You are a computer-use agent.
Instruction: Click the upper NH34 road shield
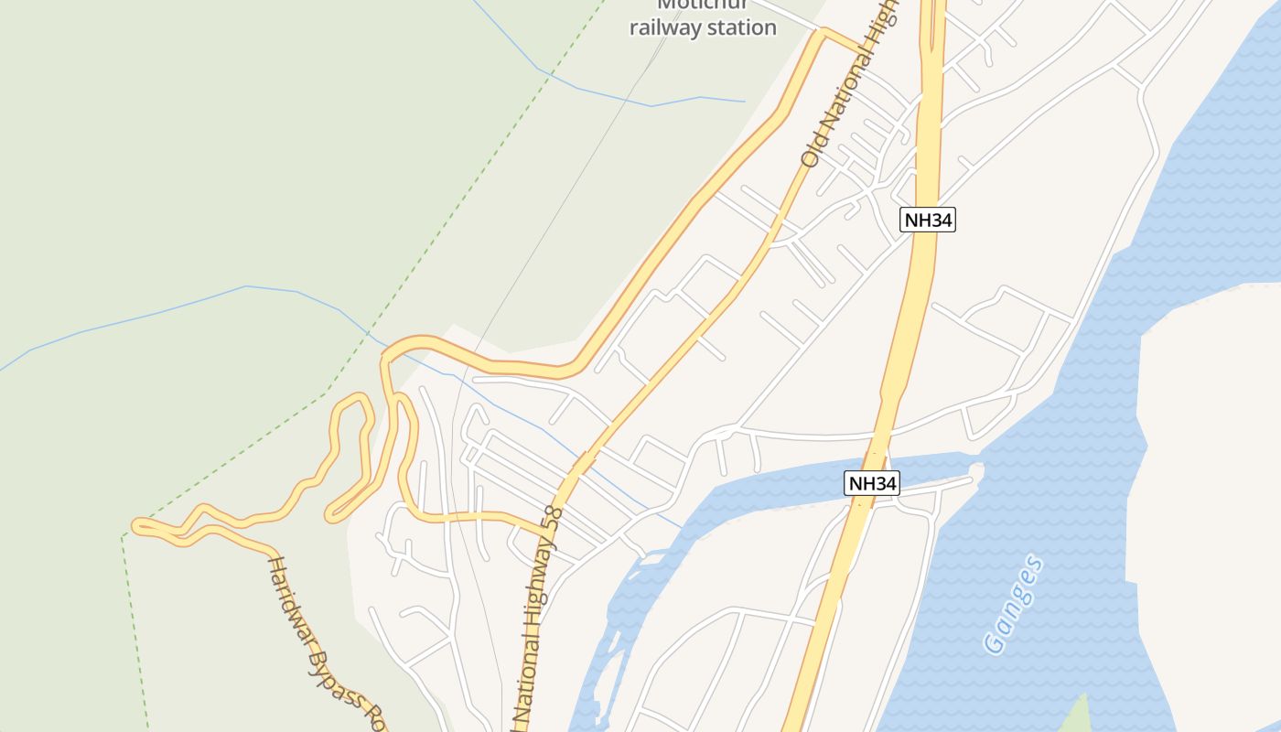point(928,220)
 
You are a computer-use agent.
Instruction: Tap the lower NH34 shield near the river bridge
point(872,483)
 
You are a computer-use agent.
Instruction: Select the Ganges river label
point(1014,605)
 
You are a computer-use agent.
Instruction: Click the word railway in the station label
point(667,27)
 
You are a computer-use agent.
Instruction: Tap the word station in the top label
point(742,27)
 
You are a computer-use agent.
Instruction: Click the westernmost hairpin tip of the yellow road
point(137,525)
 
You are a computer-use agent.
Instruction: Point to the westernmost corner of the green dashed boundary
point(123,536)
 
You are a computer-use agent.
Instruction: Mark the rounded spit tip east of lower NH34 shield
point(976,470)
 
